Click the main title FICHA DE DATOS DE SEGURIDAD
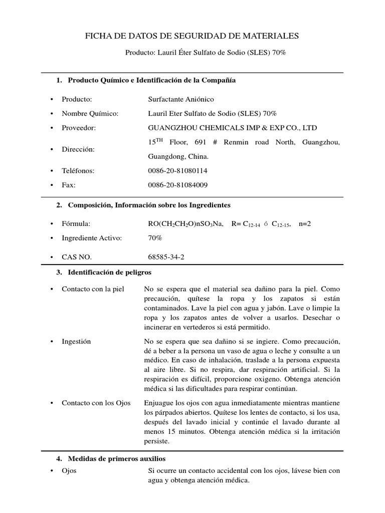[192, 36]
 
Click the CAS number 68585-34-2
[167, 256]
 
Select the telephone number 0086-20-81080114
[177, 171]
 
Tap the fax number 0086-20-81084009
[177, 185]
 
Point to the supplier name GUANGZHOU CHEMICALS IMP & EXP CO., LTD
[233, 128]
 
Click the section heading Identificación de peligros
[109, 272]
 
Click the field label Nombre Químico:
[90, 113]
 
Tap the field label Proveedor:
[78, 128]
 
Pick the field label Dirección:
[78, 149]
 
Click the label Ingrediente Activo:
[92, 238]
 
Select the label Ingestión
[76, 341]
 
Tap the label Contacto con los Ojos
[96, 403]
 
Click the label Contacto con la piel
[93, 289]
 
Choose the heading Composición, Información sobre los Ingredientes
[149, 205]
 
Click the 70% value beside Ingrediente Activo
[155, 238]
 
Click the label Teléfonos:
[78, 171]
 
